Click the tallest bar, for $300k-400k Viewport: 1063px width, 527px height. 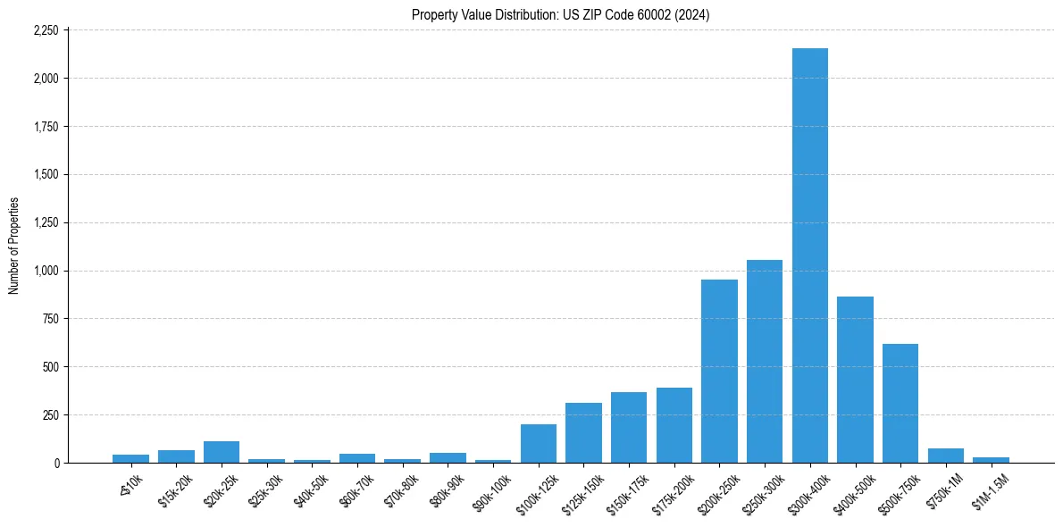point(810,255)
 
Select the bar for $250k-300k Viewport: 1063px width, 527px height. point(765,362)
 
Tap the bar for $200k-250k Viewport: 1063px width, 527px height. point(719,372)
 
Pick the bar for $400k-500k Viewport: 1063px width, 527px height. point(855,380)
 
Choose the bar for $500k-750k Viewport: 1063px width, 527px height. point(900,404)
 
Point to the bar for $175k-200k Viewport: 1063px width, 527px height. point(674,426)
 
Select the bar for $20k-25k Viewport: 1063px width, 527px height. point(222,452)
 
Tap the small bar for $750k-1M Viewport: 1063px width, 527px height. point(946,456)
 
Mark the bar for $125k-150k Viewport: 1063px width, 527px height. point(583,433)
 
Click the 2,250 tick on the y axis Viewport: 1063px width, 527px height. point(46,30)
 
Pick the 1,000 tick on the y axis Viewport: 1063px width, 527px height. point(46,271)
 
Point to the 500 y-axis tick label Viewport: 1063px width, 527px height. point(51,367)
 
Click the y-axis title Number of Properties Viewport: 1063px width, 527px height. point(13,246)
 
